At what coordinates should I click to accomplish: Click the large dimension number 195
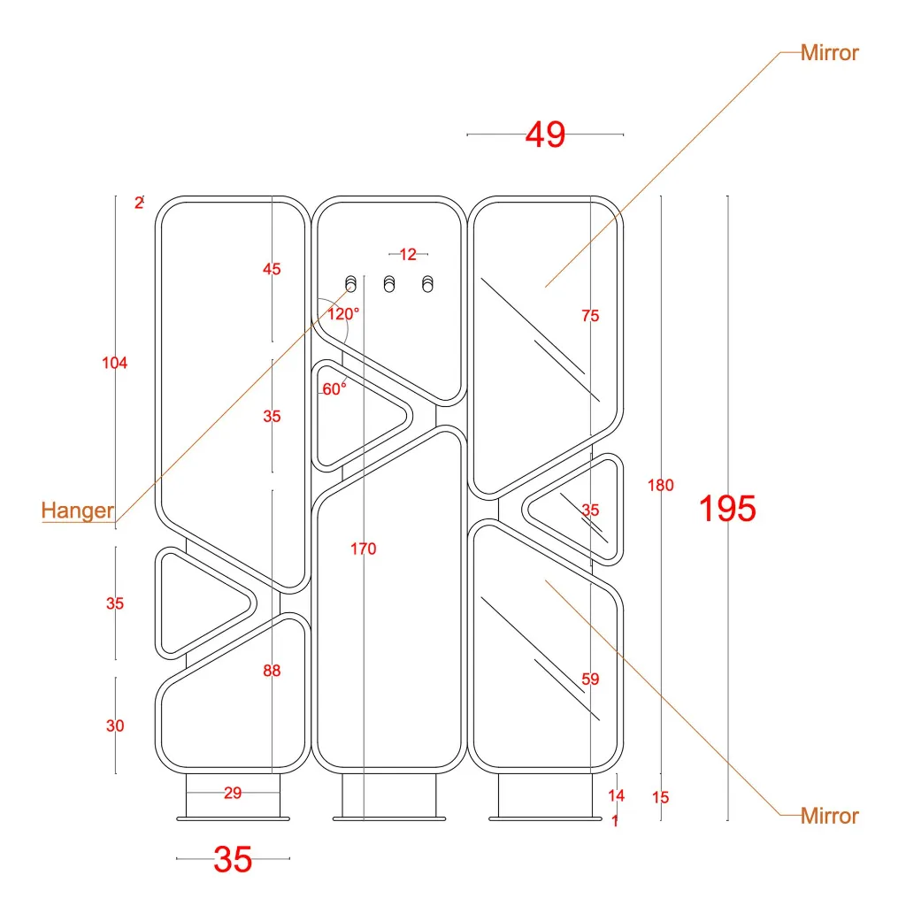click(727, 509)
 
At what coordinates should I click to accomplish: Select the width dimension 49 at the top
click(545, 134)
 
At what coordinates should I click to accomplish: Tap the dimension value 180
click(661, 485)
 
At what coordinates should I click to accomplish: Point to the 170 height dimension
click(363, 549)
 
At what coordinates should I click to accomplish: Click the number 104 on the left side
click(115, 363)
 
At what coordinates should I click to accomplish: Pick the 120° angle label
click(343, 313)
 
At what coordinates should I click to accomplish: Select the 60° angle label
click(334, 389)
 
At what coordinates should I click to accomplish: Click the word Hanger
click(78, 511)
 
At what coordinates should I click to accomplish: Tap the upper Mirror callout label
click(829, 53)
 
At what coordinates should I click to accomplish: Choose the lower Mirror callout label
click(829, 816)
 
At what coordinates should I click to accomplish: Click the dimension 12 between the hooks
click(408, 255)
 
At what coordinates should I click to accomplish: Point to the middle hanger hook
click(389, 283)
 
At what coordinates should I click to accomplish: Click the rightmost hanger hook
click(428, 283)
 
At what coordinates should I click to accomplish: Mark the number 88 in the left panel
click(272, 671)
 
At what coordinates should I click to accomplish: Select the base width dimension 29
click(233, 793)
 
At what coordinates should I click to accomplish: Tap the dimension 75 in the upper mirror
click(590, 316)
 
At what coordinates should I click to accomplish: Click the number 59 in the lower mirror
click(590, 679)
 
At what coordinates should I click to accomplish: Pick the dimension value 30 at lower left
click(115, 726)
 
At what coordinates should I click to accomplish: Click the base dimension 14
click(616, 795)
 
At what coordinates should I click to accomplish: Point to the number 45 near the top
click(272, 269)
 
